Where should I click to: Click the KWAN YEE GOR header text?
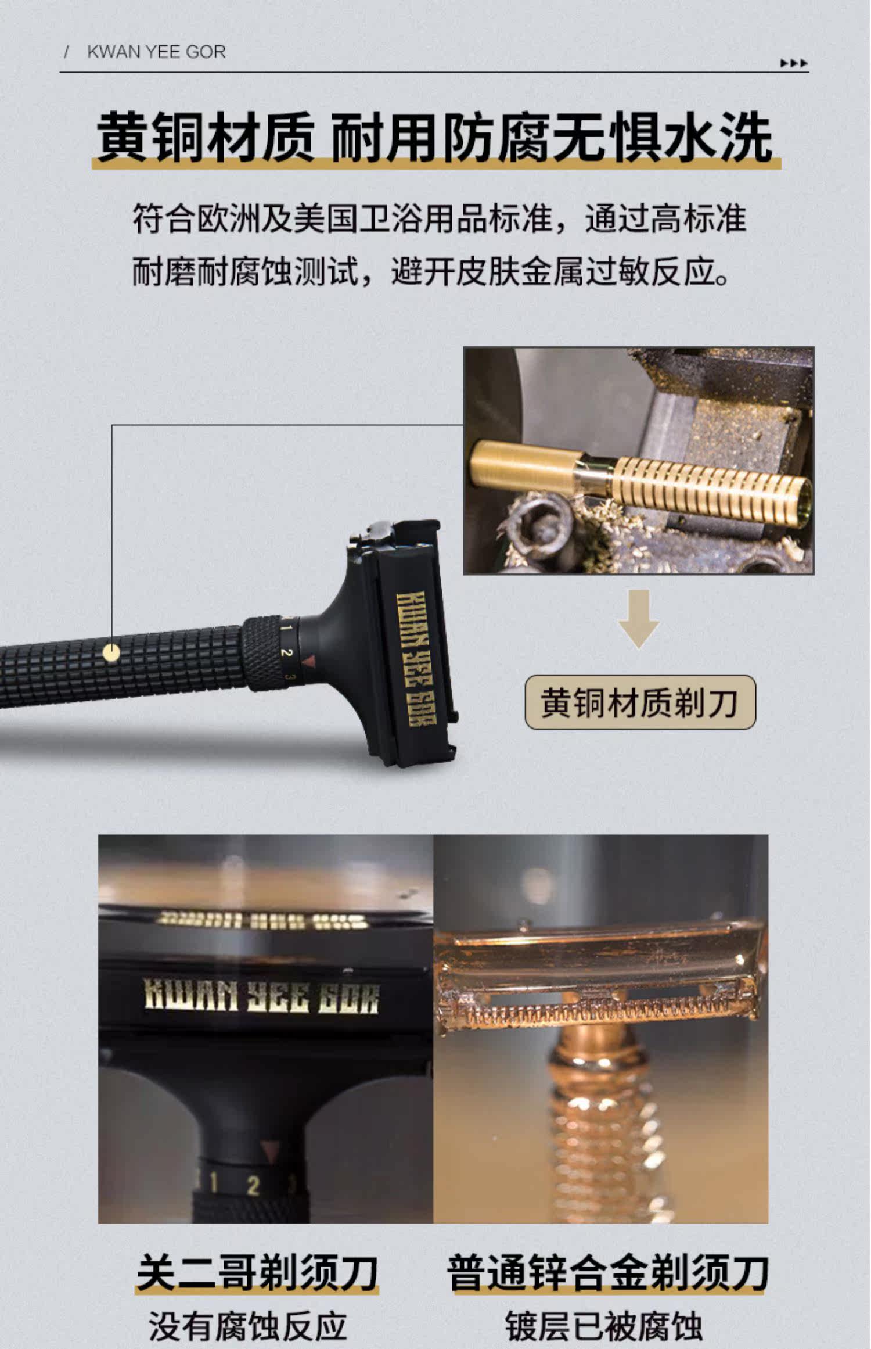click(x=156, y=52)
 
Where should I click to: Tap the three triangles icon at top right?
click(x=794, y=63)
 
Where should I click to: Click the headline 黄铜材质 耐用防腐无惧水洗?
click(x=434, y=138)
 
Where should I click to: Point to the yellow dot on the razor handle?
click(x=111, y=653)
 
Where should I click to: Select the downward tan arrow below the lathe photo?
click(x=638, y=618)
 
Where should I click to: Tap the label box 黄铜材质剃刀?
click(x=640, y=702)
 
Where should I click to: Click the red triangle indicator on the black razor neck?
click(x=309, y=661)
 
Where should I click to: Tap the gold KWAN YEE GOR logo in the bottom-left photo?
click(x=261, y=997)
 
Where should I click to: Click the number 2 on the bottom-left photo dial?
click(x=253, y=1186)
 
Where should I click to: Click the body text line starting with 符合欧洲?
click(x=440, y=219)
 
